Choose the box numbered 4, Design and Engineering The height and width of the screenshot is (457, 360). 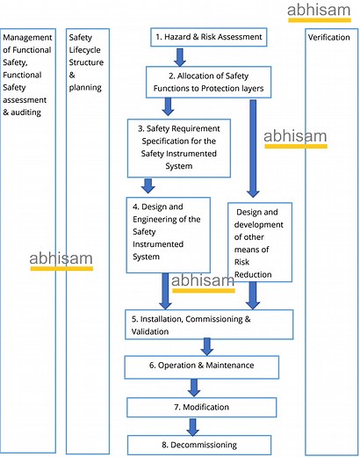[168, 234]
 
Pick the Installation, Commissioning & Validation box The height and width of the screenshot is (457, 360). [207, 324]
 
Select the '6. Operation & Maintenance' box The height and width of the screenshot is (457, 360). [201, 366]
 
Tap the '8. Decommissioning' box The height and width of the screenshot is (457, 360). [196, 444]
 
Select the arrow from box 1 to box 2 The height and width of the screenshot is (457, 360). [180, 57]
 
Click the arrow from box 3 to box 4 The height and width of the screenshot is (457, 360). [148, 185]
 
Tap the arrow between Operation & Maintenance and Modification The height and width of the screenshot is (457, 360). [194, 387]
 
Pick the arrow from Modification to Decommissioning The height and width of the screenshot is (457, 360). [194, 425]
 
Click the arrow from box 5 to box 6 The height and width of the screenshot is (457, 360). [208, 345]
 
